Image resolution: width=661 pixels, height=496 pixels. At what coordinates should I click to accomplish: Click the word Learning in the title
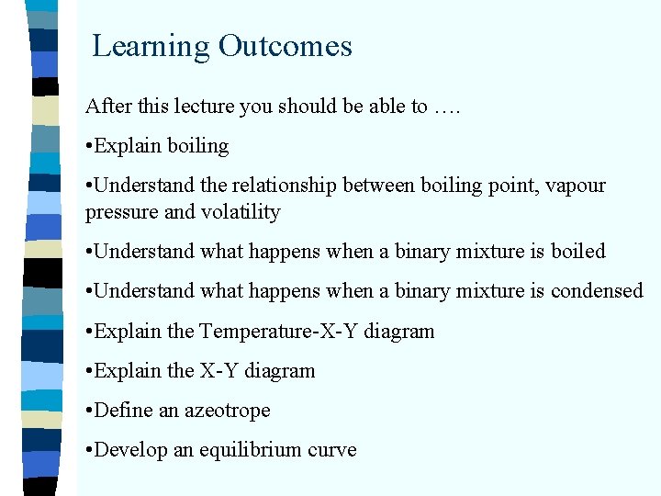tap(151, 47)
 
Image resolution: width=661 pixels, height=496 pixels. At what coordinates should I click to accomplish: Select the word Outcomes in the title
tap(285, 46)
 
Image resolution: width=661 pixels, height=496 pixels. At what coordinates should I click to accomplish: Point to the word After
tap(106, 107)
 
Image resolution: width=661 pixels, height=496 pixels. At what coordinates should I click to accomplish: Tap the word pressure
tap(118, 212)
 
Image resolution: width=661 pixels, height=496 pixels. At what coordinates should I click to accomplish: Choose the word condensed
tap(597, 291)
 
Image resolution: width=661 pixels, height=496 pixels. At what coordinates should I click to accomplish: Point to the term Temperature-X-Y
tap(279, 331)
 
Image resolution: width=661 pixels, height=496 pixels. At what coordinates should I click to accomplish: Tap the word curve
tap(333, 450)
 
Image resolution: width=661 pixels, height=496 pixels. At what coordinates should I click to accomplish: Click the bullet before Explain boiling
tap(89, 147)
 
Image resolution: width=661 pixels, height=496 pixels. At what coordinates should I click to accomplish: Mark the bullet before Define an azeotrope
tap(89, 411)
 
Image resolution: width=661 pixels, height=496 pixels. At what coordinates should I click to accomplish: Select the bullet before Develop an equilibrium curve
tap(89, 451)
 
